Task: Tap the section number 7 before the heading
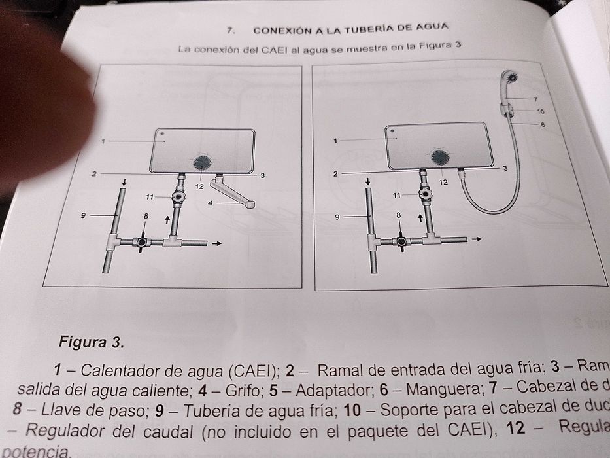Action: click(x=230, y=30)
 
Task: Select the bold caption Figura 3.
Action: click(x=91, y=342)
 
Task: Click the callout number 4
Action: click(x=211, y=203)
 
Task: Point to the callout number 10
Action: click(x=540, y=112)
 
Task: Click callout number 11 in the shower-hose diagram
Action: click(x=396, y=195)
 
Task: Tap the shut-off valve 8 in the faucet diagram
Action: click(x=143, y=242)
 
